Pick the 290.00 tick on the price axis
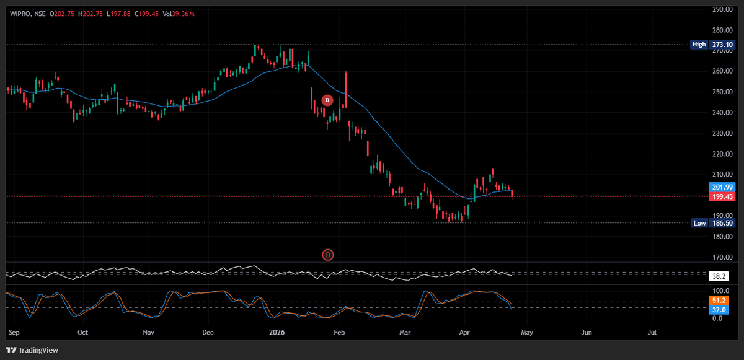click(720, 10)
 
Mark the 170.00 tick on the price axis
click(720, 257)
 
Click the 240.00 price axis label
click(720, 113)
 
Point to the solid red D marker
click(329, 100)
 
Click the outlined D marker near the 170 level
click(328, 254)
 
